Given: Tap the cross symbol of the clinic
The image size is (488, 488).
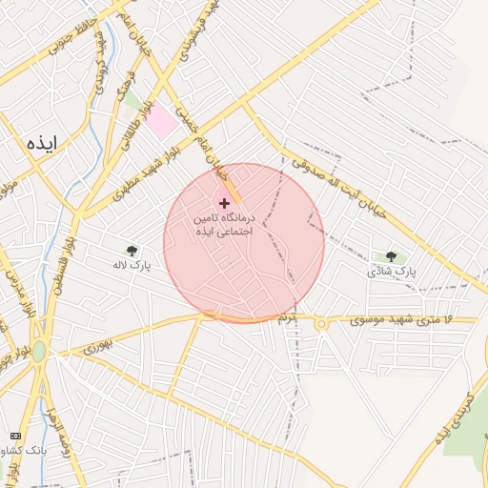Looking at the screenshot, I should click(x=225, y=203).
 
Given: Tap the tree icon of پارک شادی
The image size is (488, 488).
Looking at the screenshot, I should click(x=391, y=256).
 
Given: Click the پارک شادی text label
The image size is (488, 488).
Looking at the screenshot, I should click(x=393, y=272).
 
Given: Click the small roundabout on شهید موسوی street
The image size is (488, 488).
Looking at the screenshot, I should click(x=322, y=324).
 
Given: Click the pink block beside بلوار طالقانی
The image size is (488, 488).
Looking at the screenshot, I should click(x=162, y=121).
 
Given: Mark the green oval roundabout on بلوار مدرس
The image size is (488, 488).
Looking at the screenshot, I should click(x=39, y=351).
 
